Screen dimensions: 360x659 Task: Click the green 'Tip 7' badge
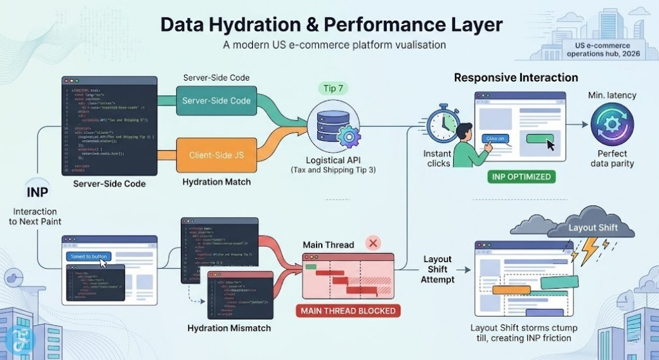tap(329, 88)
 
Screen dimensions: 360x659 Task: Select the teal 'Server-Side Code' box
tap(216, 100)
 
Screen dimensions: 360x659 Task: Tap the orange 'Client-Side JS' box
tap(216, 155)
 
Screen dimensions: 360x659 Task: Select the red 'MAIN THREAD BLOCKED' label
tap(347, 310)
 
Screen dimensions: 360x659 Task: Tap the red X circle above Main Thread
tap(373, 243)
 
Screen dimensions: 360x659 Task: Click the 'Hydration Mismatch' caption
tap(228, 328)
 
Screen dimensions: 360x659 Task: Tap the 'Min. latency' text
tap(611, 95)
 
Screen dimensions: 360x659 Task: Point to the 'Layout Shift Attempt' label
tap(437, 269)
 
